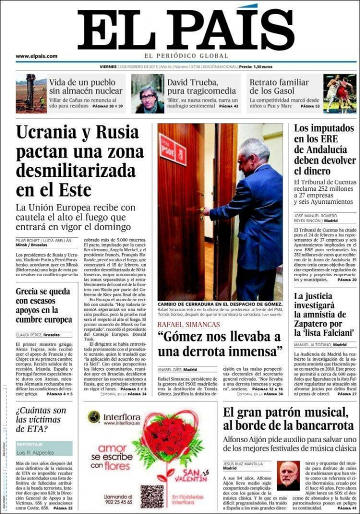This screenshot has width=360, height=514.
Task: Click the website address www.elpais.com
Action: (36, 56)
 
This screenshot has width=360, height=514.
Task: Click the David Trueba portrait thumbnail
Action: (147, 93)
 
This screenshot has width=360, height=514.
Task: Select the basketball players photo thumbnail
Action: (339, 93)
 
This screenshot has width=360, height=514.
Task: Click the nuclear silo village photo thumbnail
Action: (31, 93)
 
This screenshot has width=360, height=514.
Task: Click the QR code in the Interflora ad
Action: (151, 496)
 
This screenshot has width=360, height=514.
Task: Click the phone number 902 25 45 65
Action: (118, 502)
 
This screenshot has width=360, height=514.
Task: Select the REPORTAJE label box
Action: (43, 444)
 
